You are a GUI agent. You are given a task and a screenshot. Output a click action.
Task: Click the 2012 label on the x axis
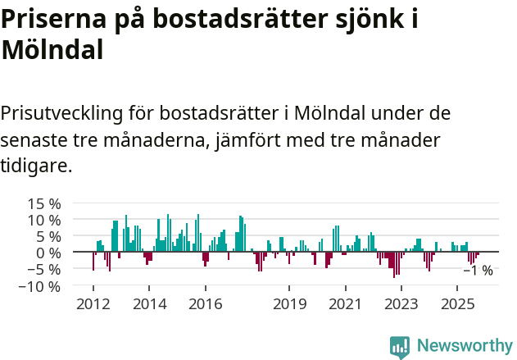93,304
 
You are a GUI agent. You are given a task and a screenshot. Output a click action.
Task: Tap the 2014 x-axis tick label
148,304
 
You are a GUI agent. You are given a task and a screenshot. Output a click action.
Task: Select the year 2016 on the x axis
205,304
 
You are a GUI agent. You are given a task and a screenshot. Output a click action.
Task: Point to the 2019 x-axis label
289,304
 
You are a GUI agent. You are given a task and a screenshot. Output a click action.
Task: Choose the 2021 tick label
345,304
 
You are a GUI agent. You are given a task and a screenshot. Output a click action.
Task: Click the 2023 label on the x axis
401,304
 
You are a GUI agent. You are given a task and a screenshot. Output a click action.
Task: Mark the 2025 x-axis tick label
457,304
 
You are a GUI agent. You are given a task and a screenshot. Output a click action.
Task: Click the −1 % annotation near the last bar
478,271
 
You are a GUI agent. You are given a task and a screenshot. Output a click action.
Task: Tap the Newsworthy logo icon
400,347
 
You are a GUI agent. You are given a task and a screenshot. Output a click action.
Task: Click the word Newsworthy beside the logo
465,347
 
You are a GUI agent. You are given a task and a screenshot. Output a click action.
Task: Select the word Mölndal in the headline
52,49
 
